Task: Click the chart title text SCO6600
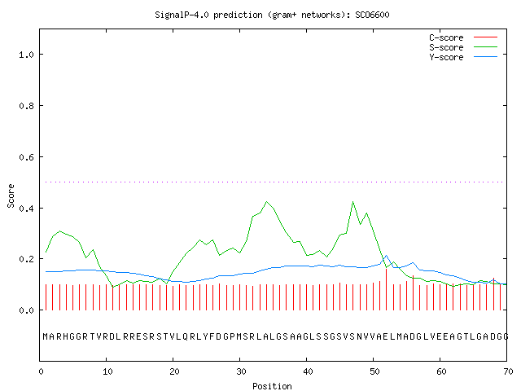tap(372, 15)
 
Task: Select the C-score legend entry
tap(463, 37)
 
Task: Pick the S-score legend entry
tap(463, 47)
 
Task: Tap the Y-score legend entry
tap(463, 57)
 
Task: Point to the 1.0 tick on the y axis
tap(26, 55)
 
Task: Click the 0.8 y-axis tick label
tap(26, 106)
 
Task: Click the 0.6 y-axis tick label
tap(26, 157)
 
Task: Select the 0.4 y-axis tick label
tap(26, 209)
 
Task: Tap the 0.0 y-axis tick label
tap(26, 310)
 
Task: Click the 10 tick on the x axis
tap(107, 371)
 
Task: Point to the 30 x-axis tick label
tap(241, 371)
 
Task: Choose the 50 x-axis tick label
tap(374, 371)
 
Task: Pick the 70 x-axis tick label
tap(508, 371)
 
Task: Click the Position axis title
tap(272, 386)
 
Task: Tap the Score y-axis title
tap(11, 196)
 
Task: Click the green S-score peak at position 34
tap(266, 202)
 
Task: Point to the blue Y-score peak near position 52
tap(386, 256)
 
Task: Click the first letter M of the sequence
tap(46, 336)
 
